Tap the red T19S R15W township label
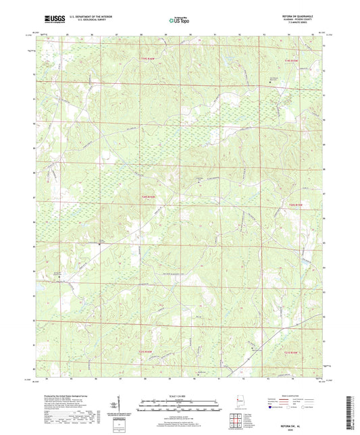point(290,61)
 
